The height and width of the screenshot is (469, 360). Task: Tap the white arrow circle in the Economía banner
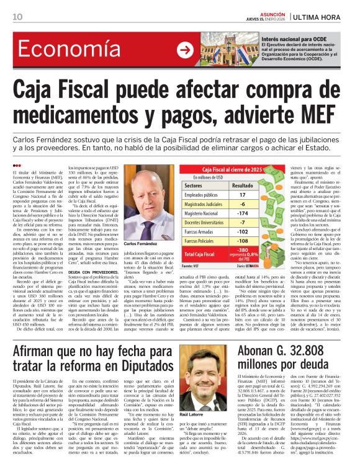click(x=184, y=51)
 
